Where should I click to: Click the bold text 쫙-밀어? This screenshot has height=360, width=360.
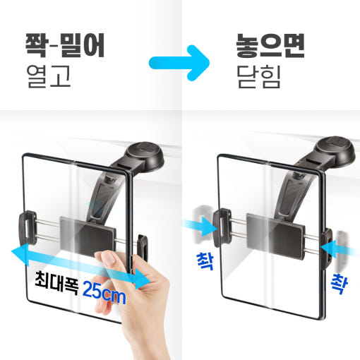point(64,44)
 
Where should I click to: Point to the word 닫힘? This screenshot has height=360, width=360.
point(258,76)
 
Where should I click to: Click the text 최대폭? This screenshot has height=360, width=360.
point(56,278)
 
